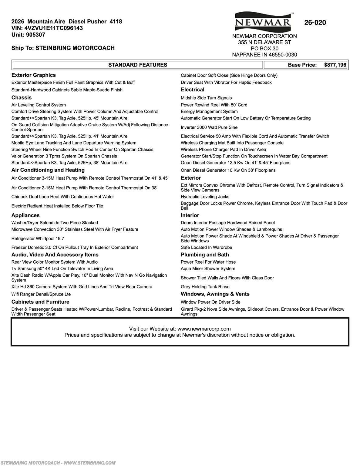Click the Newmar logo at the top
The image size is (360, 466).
click(263, 22)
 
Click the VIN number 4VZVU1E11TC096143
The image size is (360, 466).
click(54, 28)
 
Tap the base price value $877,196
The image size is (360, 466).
click(335, 65)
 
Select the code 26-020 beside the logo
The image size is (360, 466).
click(315, 23)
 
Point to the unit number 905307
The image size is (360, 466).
click(36, 35)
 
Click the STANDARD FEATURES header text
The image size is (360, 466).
click(138, 65)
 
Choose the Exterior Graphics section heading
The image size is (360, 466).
click(34, 75)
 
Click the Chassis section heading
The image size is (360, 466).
click(22, 98)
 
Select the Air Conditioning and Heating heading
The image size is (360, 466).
click(48, 170)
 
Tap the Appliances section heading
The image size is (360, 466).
click(25, 215)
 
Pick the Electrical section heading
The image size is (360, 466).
click(193, 90)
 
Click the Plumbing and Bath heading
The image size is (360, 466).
click(205, 255)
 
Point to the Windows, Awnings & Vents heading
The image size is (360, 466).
click(215, 294)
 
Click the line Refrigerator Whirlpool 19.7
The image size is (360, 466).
click(38, 239)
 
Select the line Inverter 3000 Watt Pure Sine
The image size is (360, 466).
click(209, 127)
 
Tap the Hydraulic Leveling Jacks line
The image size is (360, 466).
click(205, 197)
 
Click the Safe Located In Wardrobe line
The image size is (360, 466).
click(207, 248)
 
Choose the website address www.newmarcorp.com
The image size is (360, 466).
click(204, 329)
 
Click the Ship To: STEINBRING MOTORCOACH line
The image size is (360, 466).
click(63, 48)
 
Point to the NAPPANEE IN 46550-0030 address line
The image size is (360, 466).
click(264, 55)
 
